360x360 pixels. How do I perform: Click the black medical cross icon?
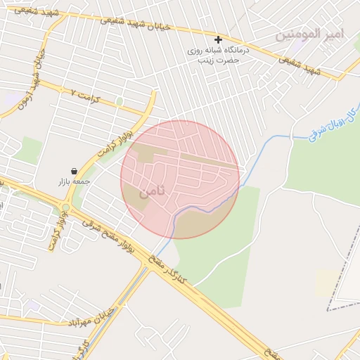click(x=218, y=39)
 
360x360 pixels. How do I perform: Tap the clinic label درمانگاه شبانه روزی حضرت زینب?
click(x=214, y=56)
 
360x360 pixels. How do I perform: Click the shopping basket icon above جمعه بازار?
click(x=75, y=170)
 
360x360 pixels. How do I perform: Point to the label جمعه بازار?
click(x=75, y=181)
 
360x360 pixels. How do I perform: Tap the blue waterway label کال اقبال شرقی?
click(x=333, y=124)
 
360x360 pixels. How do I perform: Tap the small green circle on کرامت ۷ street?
click(x=120, y=102)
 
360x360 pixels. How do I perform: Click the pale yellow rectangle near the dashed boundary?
click(x=325, y=283)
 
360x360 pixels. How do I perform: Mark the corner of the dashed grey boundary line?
click(x=328, y=309)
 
